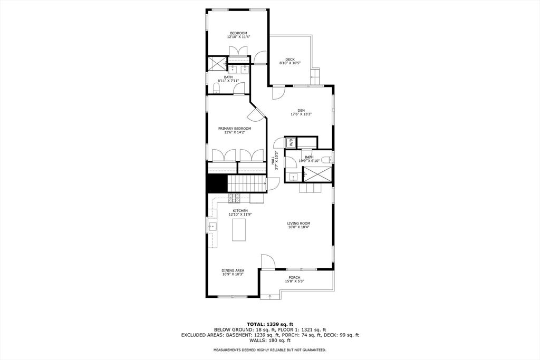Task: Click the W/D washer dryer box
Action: point(291,142)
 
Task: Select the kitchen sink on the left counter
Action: point(213,226)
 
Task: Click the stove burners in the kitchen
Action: point(234,197)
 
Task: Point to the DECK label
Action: point(290,60)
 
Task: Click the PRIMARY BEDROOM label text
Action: point(235,129)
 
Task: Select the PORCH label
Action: point(294,277)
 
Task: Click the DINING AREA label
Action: point(233,270)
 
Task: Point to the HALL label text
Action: point(273,160)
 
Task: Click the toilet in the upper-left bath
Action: point(216,90)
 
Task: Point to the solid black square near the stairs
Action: point(217,183)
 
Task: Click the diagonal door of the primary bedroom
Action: point(256,113)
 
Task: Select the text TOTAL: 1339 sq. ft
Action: point(269,324)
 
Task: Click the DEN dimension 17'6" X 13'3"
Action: point(301,114)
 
